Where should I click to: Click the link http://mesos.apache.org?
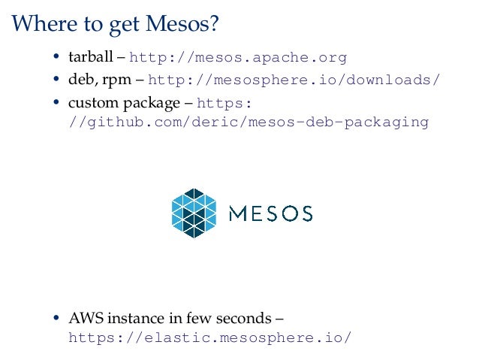(x=239, y=58)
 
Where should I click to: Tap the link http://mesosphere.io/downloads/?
(x=294, y=80)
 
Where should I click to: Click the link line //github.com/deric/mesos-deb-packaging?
(x=248, y=122)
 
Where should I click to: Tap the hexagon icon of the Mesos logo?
(x=194, y=213)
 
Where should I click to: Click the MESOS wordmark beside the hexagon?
(x=270, y=213)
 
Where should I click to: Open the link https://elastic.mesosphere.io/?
(x=209, y=337)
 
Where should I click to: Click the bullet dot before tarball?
(x=57, y=59)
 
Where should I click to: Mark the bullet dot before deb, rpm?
(x=57, y=80)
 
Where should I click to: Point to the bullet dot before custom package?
(x=57, y=102)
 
